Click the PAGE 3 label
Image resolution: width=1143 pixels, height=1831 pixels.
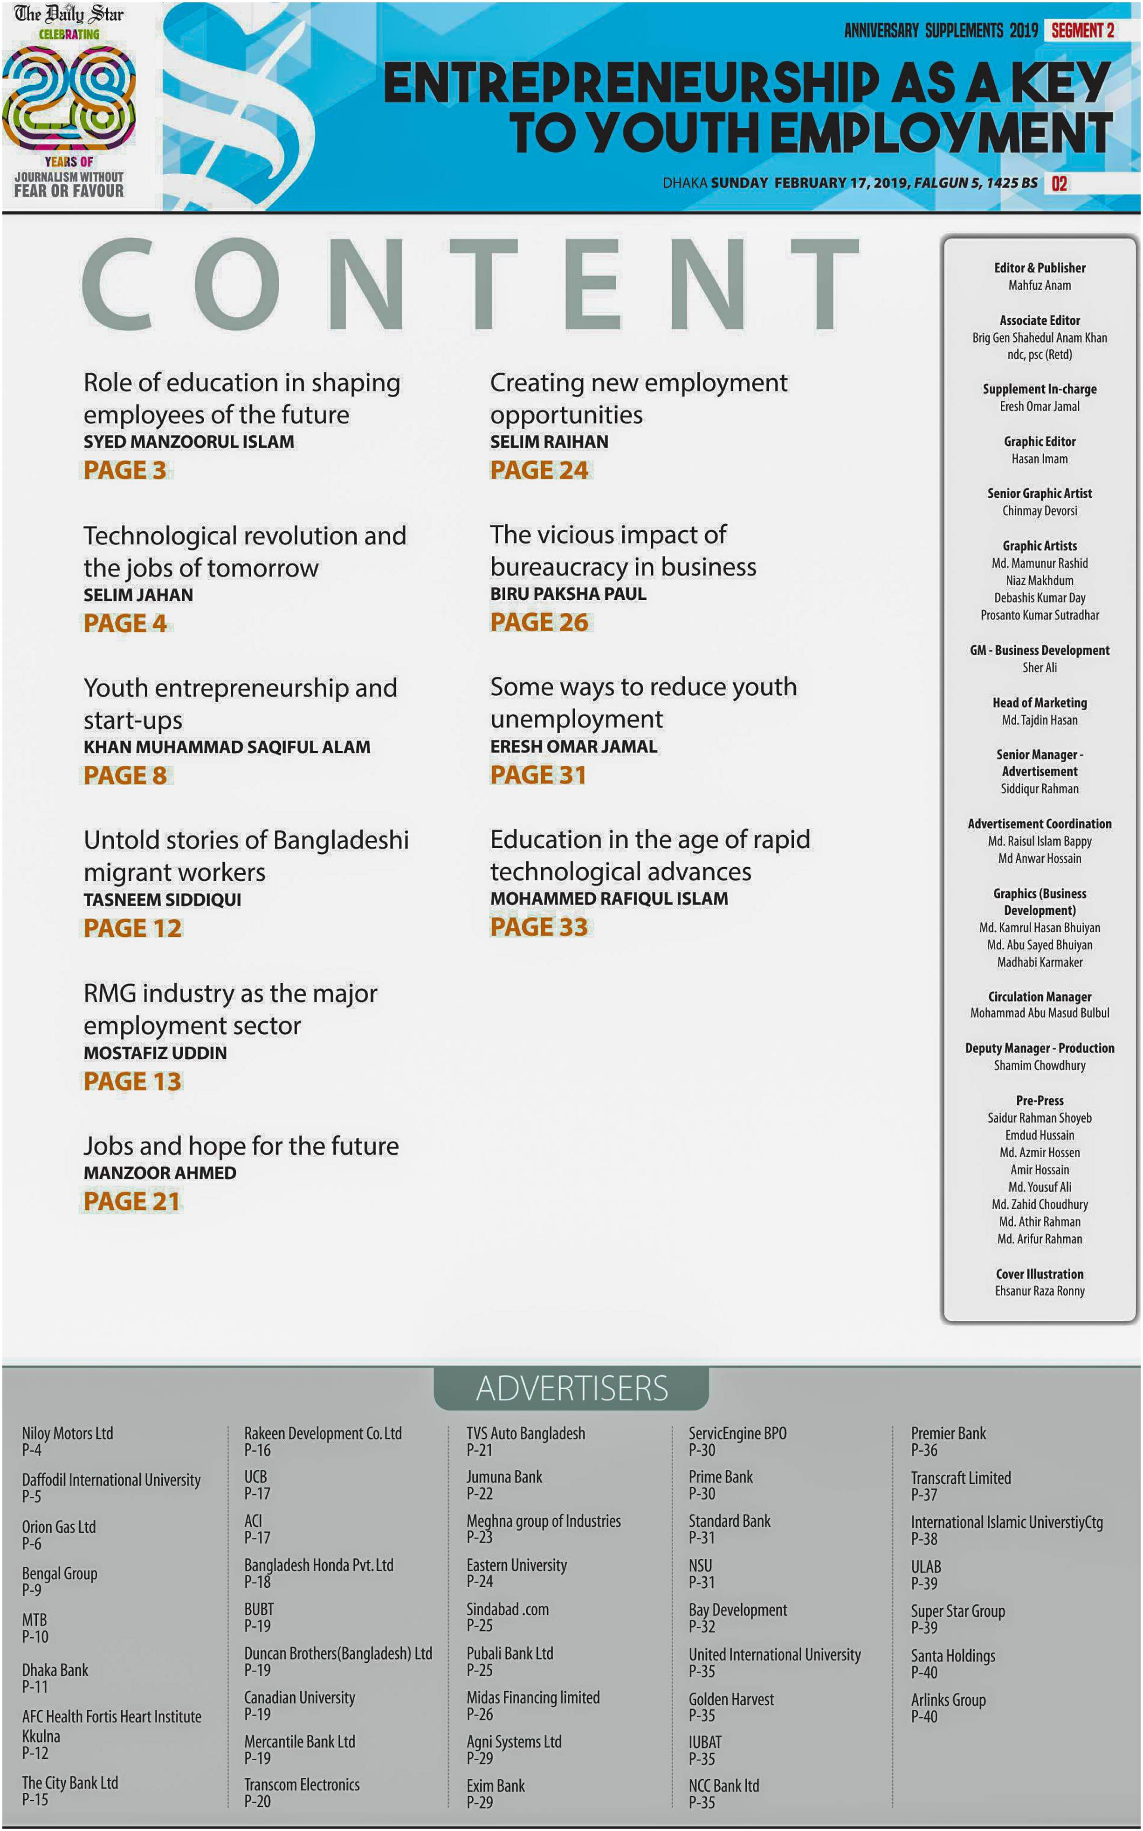coord(125,470)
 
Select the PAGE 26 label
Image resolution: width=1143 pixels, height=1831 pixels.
coord(539,622)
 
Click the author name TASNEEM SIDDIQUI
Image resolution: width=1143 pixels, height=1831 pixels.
coord(163,900)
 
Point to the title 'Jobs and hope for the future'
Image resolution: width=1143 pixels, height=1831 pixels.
coord(241,1145)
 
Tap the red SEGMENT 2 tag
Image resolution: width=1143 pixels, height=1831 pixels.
coord(1082,30)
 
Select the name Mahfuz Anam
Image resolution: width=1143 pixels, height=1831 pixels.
coord(1040,285)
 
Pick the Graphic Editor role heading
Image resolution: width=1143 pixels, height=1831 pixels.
coord(1040,441)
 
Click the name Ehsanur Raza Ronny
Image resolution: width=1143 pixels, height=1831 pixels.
coord(1040,1291)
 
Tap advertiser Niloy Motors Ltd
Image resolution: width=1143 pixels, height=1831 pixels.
coord(67,1433)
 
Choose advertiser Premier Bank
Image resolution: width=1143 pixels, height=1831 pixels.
coord(948,1433)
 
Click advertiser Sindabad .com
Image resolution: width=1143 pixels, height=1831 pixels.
coord(507,1610)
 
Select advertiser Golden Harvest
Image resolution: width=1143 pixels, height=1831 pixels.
coord(731,1699)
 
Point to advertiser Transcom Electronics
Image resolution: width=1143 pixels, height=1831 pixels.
coord(302,1784)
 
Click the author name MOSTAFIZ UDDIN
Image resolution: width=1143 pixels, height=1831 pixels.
coord(155,1053)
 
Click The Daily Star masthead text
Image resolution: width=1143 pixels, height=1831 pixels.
coord(69,14)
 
